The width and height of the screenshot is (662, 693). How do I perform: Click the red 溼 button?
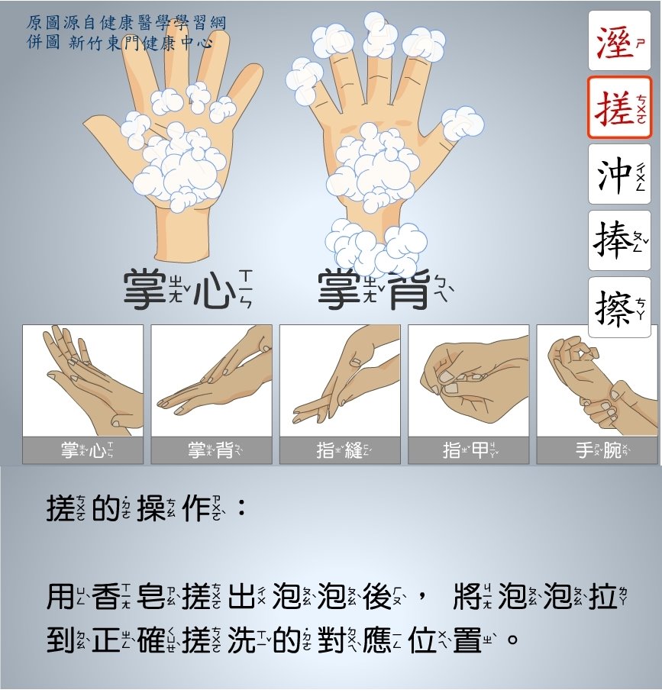click(619, 40)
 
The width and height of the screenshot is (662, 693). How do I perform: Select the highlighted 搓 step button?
click(619, 108)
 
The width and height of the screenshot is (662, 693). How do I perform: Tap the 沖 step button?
click(619, 174)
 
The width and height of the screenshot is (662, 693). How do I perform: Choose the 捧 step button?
click(619, 240)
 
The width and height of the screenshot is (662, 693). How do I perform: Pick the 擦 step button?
click(619, 307)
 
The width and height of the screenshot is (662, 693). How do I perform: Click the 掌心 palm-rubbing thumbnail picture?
click(82, 381)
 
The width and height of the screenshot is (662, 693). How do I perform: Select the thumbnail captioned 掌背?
click(212, 381)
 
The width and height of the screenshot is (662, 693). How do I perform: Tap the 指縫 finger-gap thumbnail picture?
click(340, 381)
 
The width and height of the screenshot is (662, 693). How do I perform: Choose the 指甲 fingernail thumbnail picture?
click(468, 381)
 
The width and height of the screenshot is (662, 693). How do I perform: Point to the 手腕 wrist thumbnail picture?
click(597, 381)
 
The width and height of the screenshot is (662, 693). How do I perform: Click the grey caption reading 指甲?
click(468, 450)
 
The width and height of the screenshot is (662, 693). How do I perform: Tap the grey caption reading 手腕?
click(597, 450)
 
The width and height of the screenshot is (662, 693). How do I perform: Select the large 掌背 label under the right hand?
click(385, 290)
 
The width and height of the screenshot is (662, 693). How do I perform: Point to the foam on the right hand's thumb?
click(462, 124)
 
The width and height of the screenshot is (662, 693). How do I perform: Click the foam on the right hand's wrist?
click(376, 247)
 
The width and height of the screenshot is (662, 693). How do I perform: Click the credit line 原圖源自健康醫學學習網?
click(127, 23)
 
